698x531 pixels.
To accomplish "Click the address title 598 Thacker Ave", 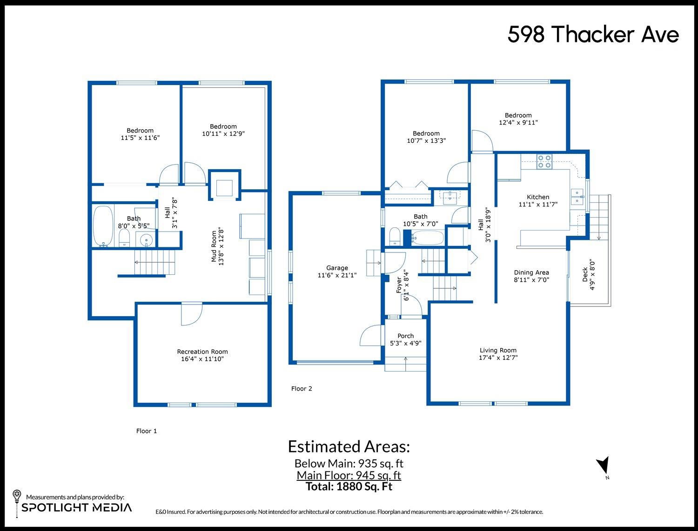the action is (x=593, y=34).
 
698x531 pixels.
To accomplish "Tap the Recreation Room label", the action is (x=202, y=352).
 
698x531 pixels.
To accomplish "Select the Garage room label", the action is (x=337, y=268).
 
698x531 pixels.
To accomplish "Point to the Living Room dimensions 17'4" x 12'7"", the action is (x=498, y=358).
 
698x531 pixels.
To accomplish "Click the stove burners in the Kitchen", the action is (x=544, y=161).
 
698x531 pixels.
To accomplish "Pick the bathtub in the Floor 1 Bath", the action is (x=103, y=226).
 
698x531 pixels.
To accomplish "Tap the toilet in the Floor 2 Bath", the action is (x=395, y=236).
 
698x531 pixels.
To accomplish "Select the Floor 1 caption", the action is (x=147, y=431).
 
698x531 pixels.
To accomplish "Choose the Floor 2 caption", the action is (x=302, y=388).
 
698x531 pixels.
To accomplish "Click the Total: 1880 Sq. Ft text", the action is (x=349, y=486).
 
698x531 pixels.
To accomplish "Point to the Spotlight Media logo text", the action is (x=77, y=507).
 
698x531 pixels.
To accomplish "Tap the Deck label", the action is (x=585, y=274).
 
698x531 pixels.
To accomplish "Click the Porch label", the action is (x=405, y=336).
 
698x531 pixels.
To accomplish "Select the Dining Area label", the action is (x=531, y=272).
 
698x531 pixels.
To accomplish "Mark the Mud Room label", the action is (x=214, y=246).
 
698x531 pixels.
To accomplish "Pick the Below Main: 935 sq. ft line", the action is (x=349, y=463).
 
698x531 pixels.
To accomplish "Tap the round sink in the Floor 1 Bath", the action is (x=146, y=240).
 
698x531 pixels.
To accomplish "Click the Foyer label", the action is (x=399, y=285).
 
